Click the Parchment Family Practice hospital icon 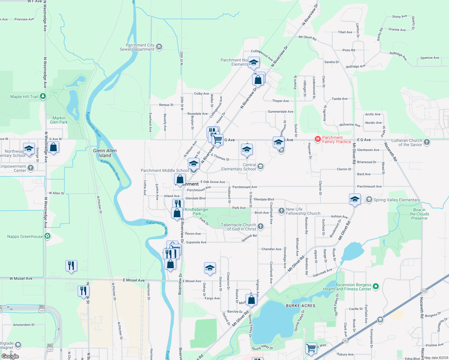pos(318,139)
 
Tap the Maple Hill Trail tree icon pos(43,96)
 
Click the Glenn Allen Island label pos(105,153)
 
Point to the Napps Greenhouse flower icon pos(47,236)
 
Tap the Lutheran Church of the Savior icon pos(427,142)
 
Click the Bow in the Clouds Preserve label pos(419,214)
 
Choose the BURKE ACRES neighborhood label pos(300,306)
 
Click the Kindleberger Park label pos(197,211)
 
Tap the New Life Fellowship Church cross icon pos(281,211)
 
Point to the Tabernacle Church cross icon pos(261,226)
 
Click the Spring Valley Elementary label pos(396,200)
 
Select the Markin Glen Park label pos(59,120)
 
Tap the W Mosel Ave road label pos(21,278)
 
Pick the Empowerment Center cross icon pos(31,168)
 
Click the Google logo pos(10,356)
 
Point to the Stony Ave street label pos(399,16)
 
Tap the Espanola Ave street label pos(196,242)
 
